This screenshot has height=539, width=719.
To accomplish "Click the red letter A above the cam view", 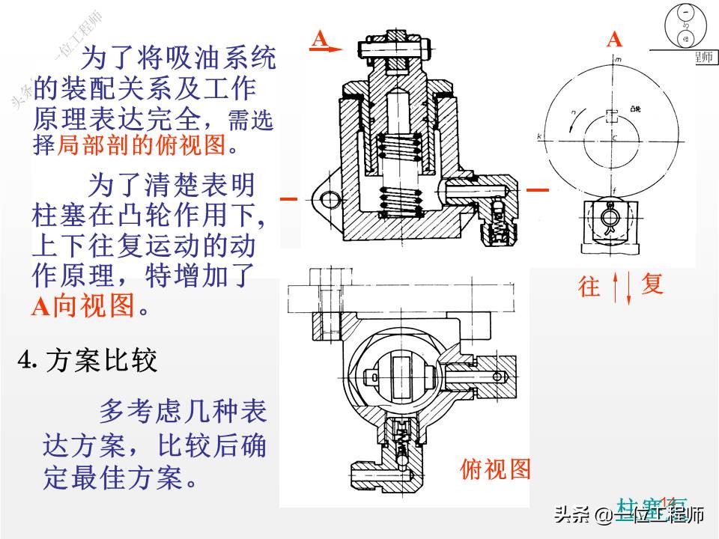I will pyautogui.click(x=614, y=40).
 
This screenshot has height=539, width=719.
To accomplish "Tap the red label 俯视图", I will pyautogui.click(x=494, y=470).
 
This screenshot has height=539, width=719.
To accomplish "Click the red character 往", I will pyautogui.click(x=590, y=286).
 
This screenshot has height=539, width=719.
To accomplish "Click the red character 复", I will pyautogui.click(x=652, y=284).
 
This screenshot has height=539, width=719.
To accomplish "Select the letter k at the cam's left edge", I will pyautogui.click(x=540, y=136).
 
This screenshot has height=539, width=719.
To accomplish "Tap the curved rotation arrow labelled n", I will pyautogui.click(x=574, y=120).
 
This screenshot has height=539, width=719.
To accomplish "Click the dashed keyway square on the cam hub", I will pyautogui.click(x=613, y=116).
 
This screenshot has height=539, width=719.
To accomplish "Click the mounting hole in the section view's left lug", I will pyautogui.click(x=327, y=198).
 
